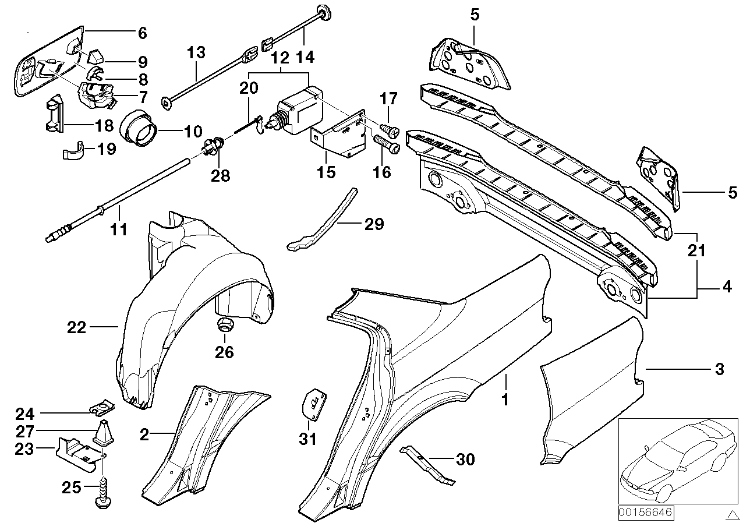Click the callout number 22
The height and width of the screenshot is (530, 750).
pyautogui.click(x=76, y=328)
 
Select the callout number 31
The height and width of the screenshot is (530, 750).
pyautogui.click(x=307, y=438)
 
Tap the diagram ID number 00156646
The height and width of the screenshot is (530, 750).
pyautogui.click(x=645, y=513)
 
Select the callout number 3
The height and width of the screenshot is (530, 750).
pyautogui.click(x=719, y=369)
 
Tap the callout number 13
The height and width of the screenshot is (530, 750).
pyautogui.click(x=196, y=53)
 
